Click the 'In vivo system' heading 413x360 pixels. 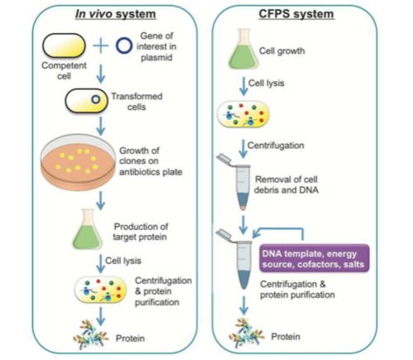(116, 14)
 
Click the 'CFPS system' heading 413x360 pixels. (296, 14)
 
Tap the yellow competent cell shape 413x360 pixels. (64, 46)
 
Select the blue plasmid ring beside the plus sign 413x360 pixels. (124, 46)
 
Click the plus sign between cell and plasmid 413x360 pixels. (100, 46)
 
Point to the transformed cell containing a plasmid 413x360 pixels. (86, 100)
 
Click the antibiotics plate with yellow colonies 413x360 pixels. (78, 162)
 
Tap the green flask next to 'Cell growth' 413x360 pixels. (243, 49)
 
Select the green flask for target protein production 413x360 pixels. (88, 229)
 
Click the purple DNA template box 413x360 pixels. (314, 258)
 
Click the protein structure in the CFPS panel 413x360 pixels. (246, 333)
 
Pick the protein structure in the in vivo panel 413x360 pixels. (91, 334)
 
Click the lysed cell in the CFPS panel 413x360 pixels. (243, 114)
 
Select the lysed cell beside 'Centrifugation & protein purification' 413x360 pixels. (101, 290)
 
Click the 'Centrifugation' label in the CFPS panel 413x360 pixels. (276, 146)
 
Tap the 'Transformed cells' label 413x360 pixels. (137, 102)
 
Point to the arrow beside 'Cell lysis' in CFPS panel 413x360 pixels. (243, 86)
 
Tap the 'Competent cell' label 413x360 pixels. (64, 70)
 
